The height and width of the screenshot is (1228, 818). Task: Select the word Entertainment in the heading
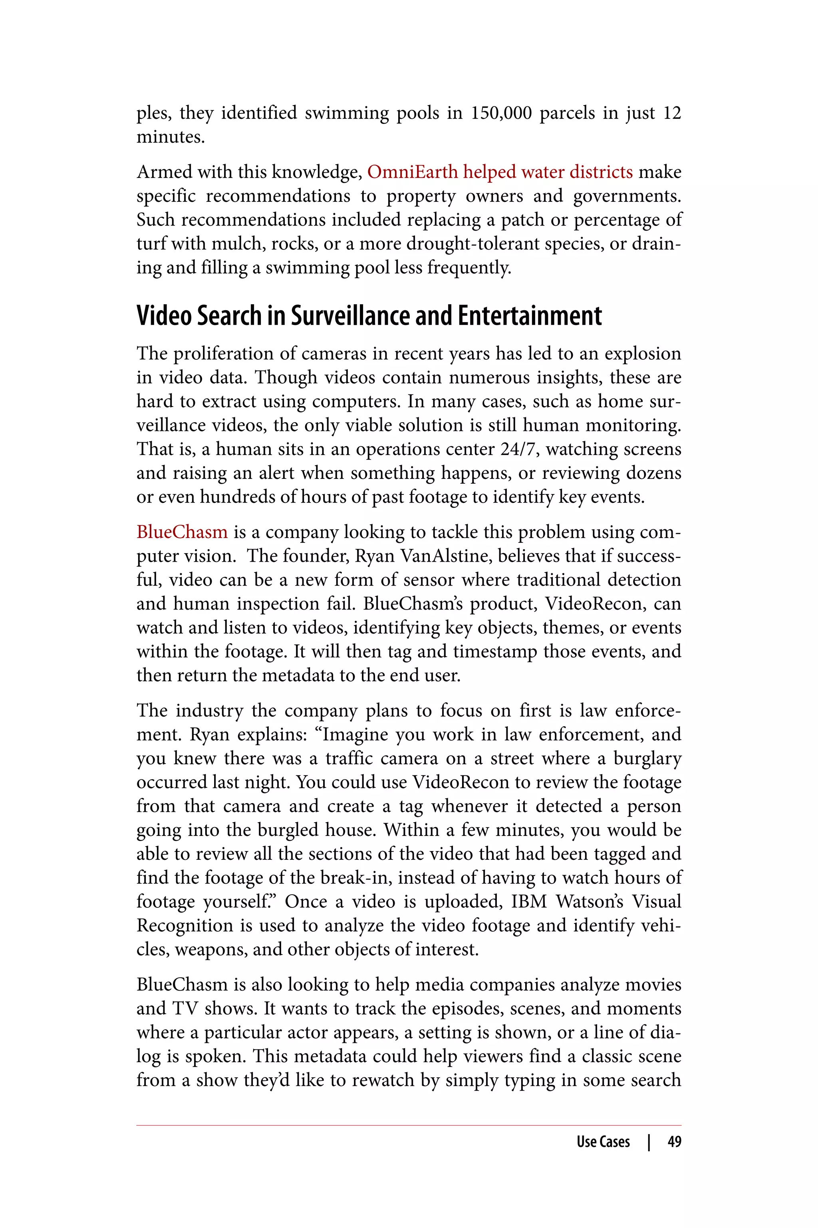530,316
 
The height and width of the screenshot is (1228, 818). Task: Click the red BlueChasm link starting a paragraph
182,532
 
